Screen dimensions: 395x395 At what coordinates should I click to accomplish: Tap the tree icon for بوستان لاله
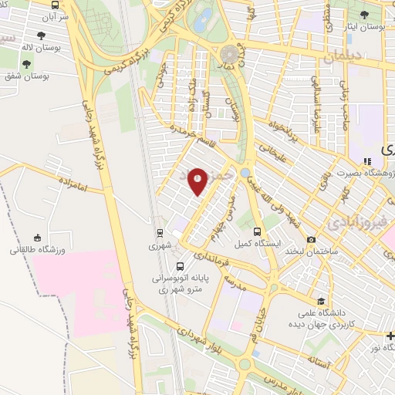[x=41, y=35]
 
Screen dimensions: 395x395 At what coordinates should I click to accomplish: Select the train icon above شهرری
[x=159, y=232]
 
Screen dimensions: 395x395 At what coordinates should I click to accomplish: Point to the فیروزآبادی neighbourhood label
[x=352, y=224]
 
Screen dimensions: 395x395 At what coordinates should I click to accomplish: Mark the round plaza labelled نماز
[x=229, y=54]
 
